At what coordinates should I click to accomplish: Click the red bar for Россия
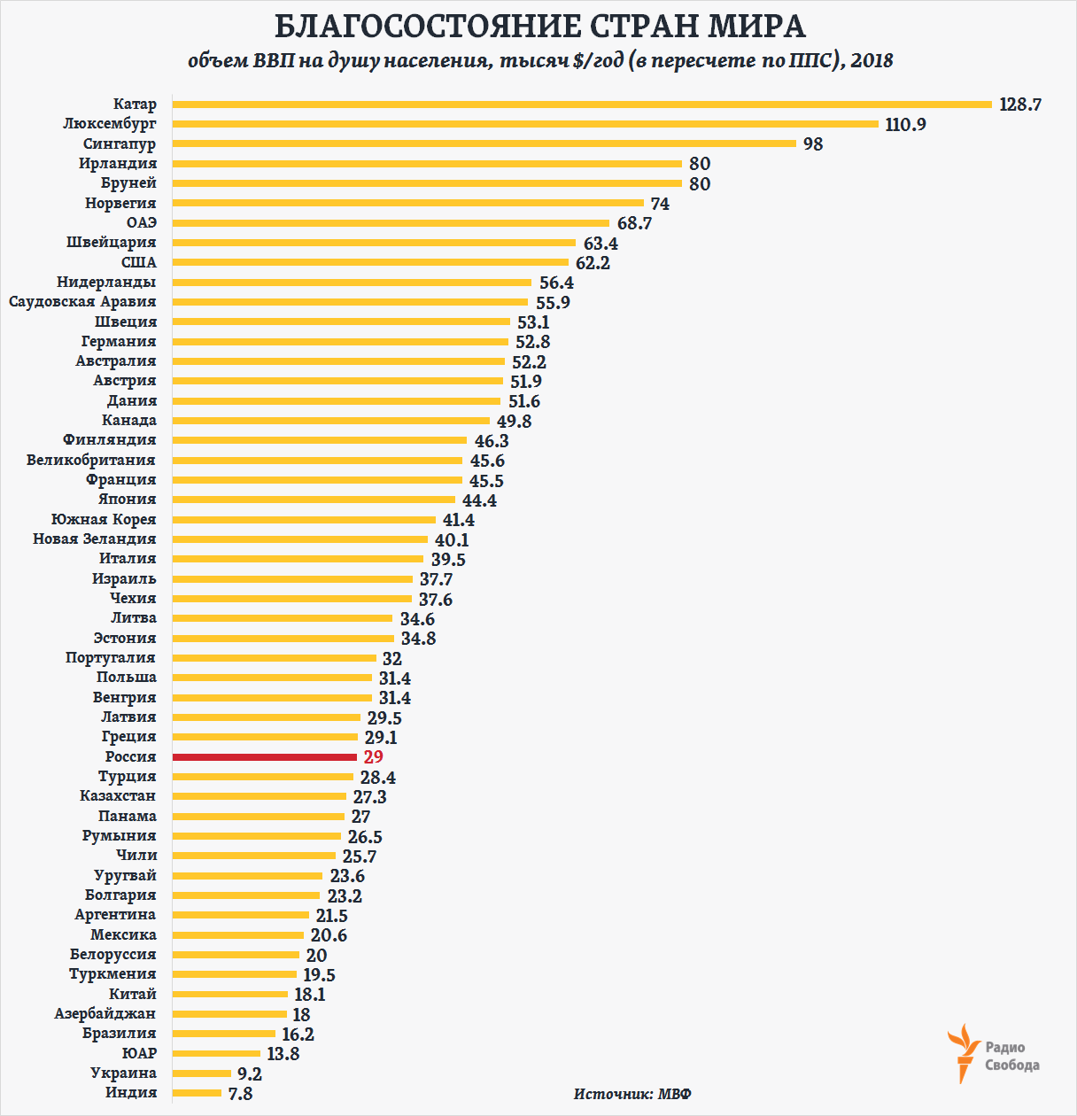pos(264,757)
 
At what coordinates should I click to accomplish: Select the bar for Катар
pos(582,105)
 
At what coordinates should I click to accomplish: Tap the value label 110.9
pos(905,125)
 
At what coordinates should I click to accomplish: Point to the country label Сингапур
pos(120,144)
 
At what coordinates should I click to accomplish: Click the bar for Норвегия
pos(407,204)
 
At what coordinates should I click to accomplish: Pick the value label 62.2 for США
pos(593,263)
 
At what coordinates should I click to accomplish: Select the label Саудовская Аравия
pos(82,302)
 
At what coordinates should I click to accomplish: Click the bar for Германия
pos(340,342)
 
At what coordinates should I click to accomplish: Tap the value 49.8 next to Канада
pos(514,422)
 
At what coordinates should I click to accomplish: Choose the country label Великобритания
pos(90,461)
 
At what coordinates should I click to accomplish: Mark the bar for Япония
pos(314,500)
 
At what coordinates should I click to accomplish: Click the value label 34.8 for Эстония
pos(418,639)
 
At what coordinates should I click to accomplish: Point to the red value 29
pos(373,757)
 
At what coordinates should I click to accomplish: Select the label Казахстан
pos(118,796)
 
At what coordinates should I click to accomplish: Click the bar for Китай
pos(229,995)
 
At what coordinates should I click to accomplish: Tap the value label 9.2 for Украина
pos(249,1074)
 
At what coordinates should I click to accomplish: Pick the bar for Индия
pos(197,1093)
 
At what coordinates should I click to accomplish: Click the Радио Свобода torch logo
pos(963,1052)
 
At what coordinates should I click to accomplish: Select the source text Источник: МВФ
pos(632,1094)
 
